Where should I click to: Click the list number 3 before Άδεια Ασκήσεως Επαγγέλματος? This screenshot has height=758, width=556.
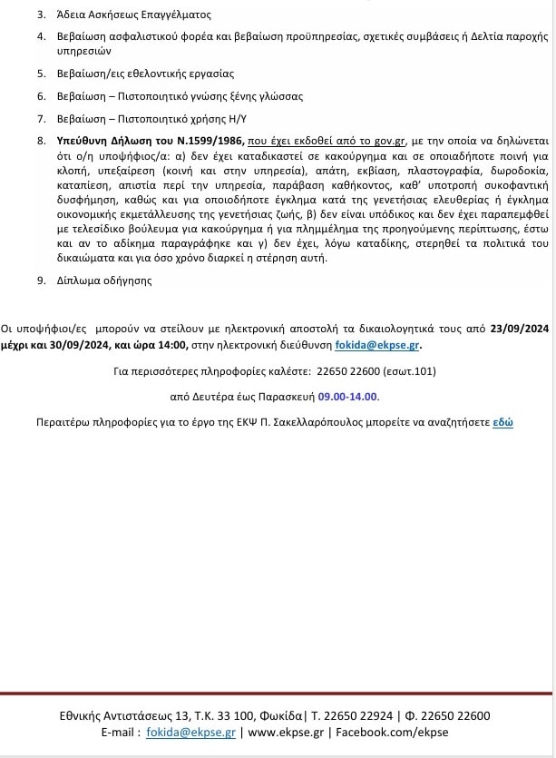(41, 15)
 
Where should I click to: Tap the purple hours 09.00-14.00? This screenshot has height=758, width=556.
(348, 397)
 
